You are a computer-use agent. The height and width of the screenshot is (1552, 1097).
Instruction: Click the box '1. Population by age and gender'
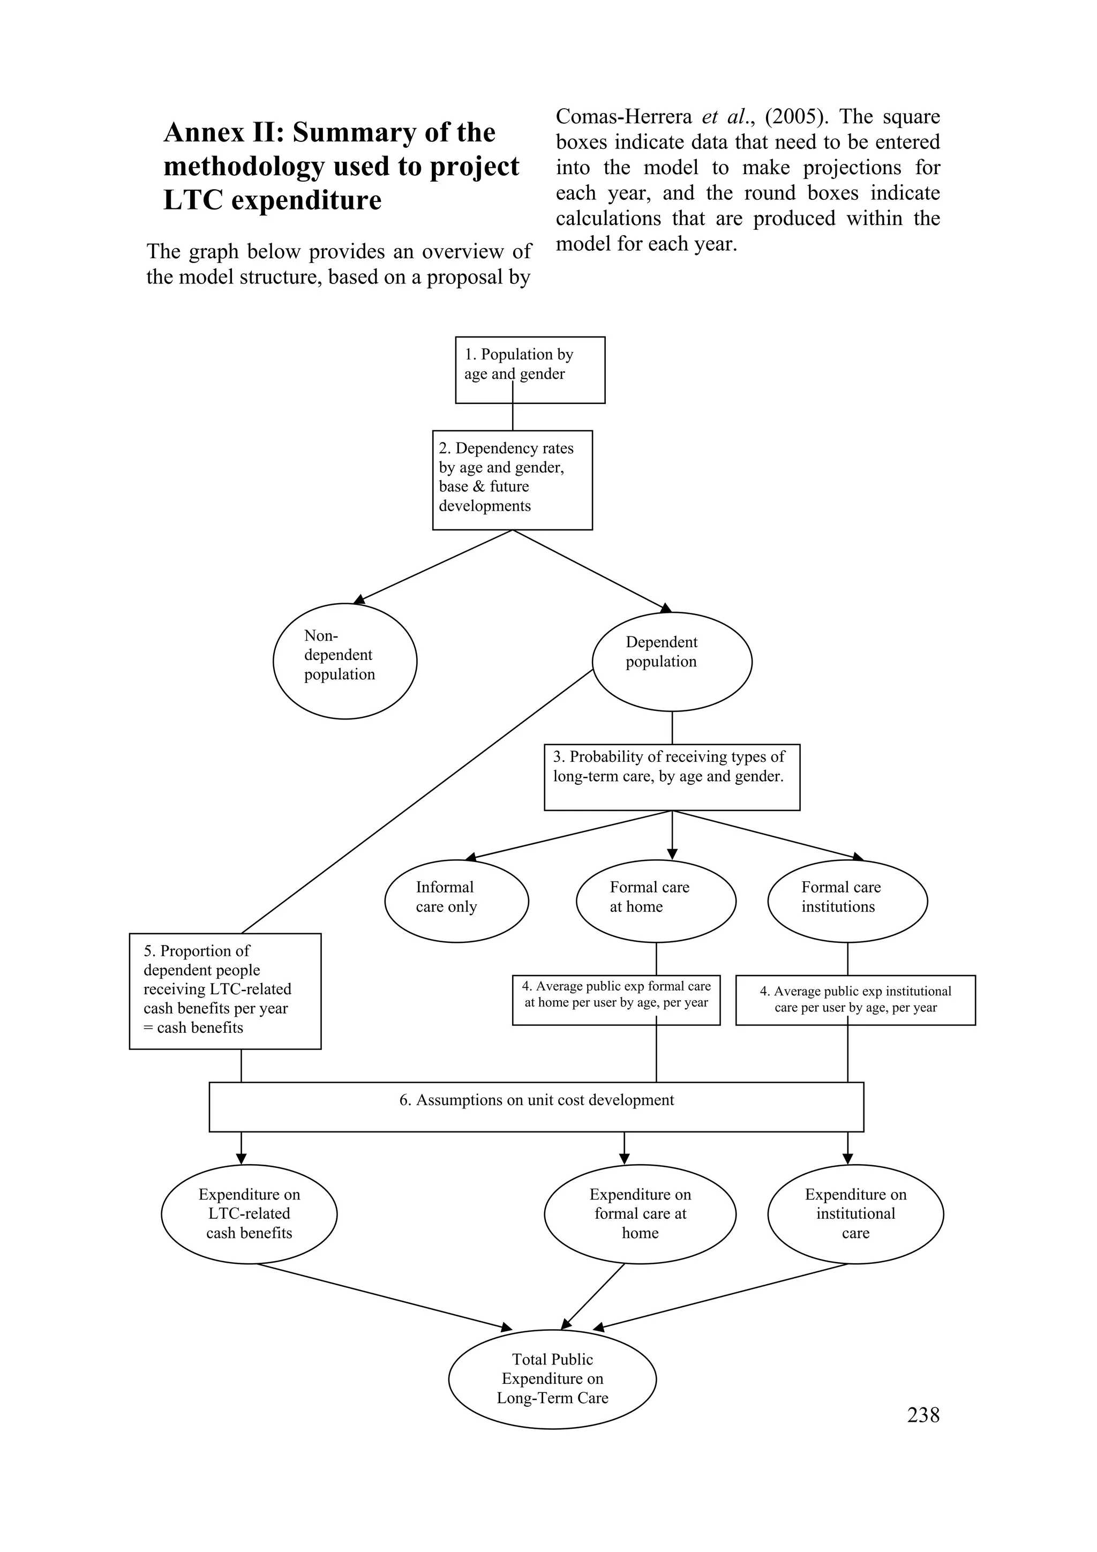[x=530, y=370]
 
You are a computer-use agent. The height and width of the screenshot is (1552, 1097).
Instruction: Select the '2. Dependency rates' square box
[x=512, y=480]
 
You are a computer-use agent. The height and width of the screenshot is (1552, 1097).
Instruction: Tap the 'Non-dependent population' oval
[x=345, y=661]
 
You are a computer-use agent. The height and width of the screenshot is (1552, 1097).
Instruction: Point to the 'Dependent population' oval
[x=672, y=661]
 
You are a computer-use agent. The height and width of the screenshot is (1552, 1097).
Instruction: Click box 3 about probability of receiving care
[x=672, y=777]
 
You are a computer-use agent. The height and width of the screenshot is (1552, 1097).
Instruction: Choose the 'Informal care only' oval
[x=456, y=901]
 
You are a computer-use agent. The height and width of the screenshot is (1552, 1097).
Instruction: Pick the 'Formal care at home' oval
[x=656, y=901]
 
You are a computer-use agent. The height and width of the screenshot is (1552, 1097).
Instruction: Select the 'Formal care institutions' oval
[x=847, y=901]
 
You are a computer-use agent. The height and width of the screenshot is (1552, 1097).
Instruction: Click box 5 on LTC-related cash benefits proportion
[x=225, y=991]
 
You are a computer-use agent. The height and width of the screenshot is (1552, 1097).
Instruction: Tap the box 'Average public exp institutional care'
[x=855, y=1000]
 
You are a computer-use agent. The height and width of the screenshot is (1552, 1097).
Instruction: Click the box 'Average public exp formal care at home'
[x=616, y=1000]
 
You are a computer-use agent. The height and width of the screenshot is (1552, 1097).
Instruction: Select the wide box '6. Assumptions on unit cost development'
[x=536, y=1107]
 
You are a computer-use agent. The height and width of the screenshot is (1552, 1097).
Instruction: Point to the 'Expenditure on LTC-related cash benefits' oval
[x=249, y=1214]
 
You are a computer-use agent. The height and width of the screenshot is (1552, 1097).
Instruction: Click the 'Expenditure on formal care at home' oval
[x=640, y=1214]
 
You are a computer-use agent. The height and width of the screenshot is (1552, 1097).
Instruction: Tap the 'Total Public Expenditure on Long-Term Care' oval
[x=552, y=1379]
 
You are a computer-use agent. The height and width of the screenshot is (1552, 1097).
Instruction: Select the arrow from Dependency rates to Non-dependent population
[x=433, y=566]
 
